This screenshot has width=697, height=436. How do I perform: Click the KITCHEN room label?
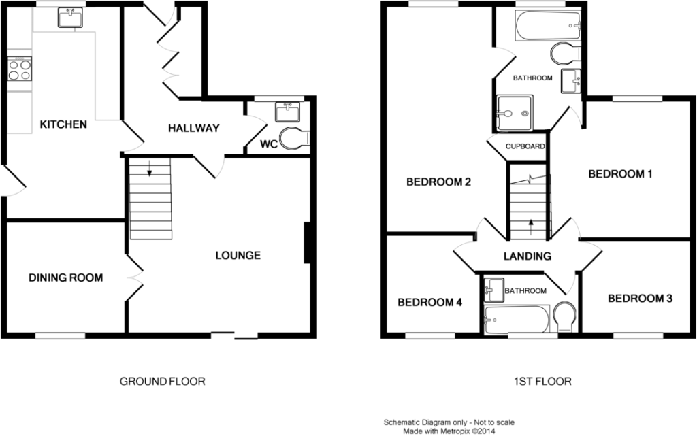(x=63, y=124)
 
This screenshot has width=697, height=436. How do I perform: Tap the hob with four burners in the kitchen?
(x=20, y=69)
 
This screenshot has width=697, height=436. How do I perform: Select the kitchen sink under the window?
(x=70, y=18)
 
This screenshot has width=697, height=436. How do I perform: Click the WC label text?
(x=268, y=144)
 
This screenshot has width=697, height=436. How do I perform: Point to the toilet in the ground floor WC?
(x=294, y=138)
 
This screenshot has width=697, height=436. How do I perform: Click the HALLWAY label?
(x=194, y=129)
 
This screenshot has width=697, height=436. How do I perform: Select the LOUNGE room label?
(x=238, y=255)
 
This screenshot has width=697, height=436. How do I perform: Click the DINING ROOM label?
(x=66, y=278)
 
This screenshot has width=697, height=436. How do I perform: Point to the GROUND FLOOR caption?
(x=162, y=382)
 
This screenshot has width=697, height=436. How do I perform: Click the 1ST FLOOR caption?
(x=542, y=382)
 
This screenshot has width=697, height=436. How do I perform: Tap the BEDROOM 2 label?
(x=439, y=182)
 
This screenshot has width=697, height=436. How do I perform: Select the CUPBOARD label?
(x=525, y=146)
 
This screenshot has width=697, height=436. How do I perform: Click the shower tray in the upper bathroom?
(x=515, y=113)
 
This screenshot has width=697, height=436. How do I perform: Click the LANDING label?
(x=528, y=256)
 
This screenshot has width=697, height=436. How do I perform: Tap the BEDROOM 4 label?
(x=429, y=303)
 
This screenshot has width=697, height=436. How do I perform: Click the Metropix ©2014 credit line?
(x=449, y=431)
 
